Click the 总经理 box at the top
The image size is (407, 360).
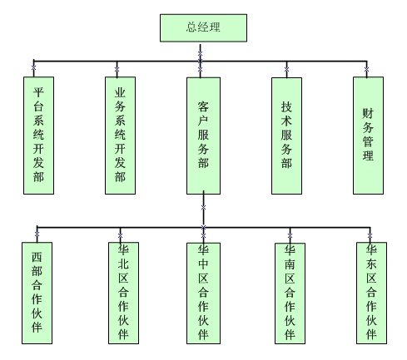(x=203, y=28)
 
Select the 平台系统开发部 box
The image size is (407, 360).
(x=38, y=136)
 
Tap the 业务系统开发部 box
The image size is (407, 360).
(x=120, y=136)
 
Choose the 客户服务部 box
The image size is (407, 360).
(x=203, y=136)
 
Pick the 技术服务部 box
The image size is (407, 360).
(x=286, y=136)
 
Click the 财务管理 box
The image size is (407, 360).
(x=368, y=136)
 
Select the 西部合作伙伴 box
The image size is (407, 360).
(x=37, y=293)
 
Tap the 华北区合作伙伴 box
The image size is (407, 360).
(x=123, y=293)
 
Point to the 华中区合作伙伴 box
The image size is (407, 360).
(x=203, y=293)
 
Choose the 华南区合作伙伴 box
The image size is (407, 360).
(x=290, y=293)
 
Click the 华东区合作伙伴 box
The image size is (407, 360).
(x=371, y=293)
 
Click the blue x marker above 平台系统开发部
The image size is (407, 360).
(x=33, y=67)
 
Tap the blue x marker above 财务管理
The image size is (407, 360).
(x=366, y=69)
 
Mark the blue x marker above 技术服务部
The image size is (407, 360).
(x=286, y=69)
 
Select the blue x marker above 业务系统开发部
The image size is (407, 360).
(x=117, y=69)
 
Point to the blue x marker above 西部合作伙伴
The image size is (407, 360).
(x=37, y=234)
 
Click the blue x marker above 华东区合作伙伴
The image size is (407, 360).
(x=370, y=235)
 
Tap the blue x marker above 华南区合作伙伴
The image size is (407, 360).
(x=290, y=235)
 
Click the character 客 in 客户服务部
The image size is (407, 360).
(x=203, y=106)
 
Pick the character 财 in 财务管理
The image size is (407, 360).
(x=368, y=113)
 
